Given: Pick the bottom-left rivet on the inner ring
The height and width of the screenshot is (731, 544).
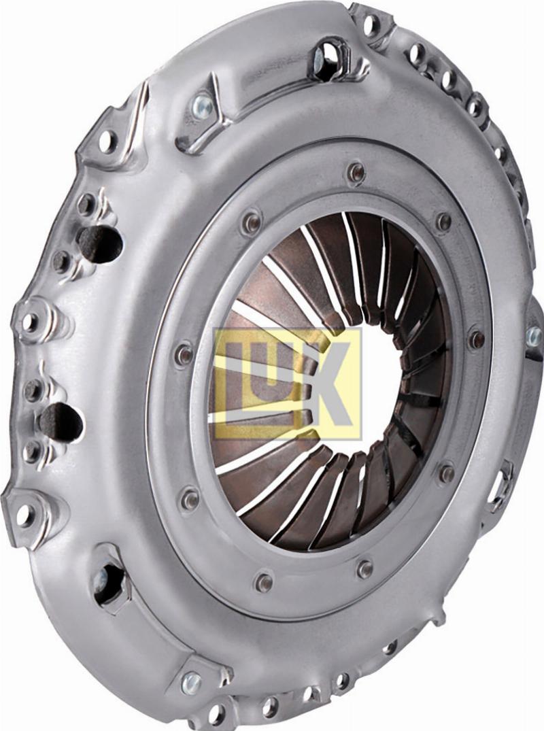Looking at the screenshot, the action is click(189, 499).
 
